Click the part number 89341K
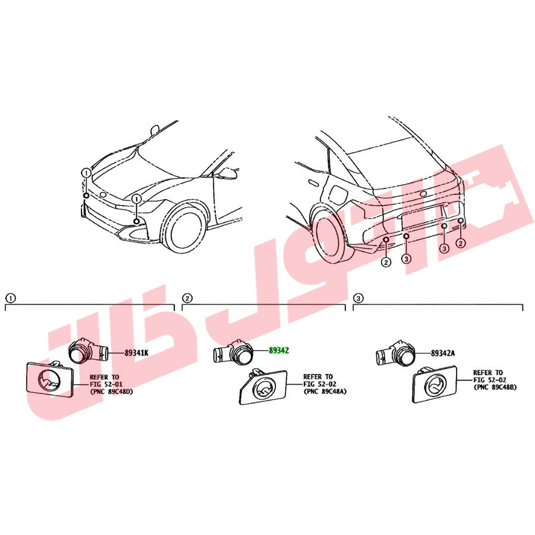tap(137, 353)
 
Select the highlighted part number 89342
tap(279, 350)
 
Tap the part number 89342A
tap(442, 353)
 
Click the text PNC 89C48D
tap(112, 392)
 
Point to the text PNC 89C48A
tap(326, 391)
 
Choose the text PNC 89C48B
tap(496, 387)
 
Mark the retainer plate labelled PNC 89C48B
tap(435, 384)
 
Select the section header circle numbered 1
tap(11, 298)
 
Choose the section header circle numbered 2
tap(187, 298)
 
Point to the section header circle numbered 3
tap(358, 298)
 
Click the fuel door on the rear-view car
tap(337, 194)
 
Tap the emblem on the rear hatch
tap(423, 194)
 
